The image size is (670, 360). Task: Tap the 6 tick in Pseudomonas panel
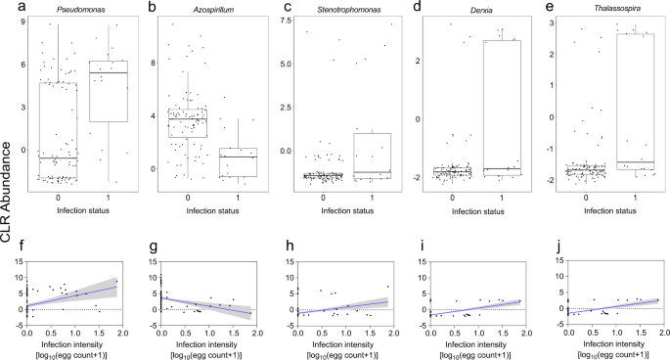29,65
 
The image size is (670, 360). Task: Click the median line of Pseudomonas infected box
107,73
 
